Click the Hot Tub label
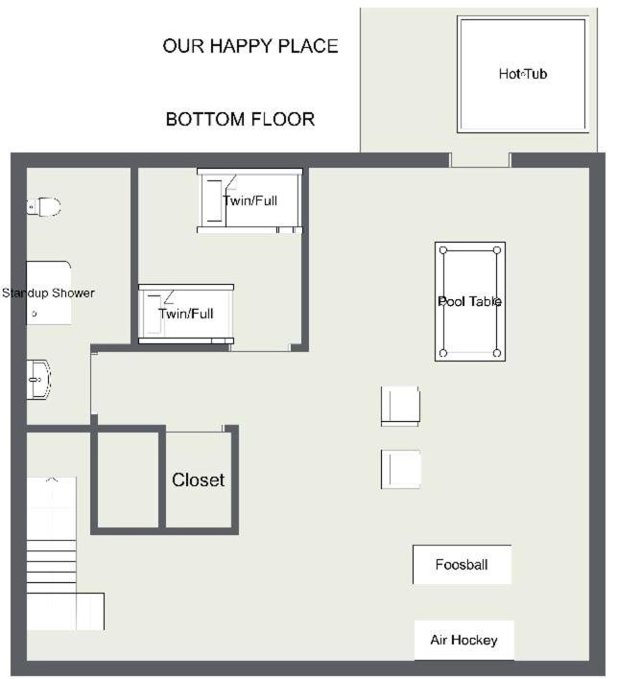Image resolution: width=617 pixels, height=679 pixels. coord(523,74)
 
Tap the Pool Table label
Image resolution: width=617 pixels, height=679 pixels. coord(469,301)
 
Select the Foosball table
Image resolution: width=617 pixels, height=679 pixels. coord(462,565)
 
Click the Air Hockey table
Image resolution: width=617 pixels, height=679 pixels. coord(464,640)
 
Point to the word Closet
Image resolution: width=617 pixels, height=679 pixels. coord(198,480)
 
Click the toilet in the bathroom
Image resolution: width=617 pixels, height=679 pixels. coord(43,206)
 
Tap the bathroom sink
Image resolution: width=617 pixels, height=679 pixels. coord(38,379)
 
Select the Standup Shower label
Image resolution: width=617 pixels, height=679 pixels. coord(48,293)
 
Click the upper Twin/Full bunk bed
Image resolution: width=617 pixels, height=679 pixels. coord(249,201)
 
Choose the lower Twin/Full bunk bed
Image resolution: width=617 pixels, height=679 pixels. coord(186,314)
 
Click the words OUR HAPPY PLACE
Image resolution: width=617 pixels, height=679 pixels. coord(250,46)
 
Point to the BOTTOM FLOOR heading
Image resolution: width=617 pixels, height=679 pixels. coord(241,119)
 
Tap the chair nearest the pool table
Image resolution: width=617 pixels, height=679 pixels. coord(400,407)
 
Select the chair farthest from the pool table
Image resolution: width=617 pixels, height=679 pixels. coord(400,469)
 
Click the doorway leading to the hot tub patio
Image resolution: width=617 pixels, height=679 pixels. coord(480,160)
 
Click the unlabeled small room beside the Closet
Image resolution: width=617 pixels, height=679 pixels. coord(128,480)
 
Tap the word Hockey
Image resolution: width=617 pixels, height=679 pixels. coord(477,640)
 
